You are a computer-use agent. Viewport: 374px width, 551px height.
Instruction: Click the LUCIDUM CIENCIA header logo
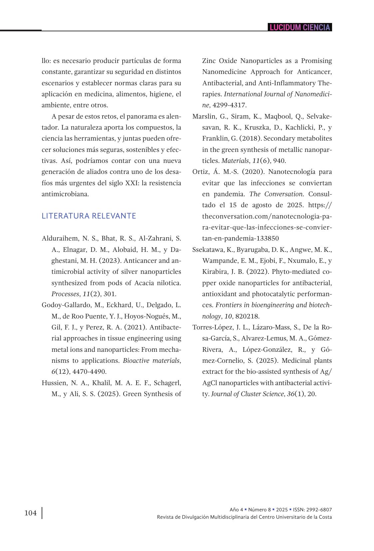point(300,27)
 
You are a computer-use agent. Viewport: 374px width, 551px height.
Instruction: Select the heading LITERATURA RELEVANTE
point(89,216)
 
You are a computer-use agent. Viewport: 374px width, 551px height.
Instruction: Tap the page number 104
point(31,513)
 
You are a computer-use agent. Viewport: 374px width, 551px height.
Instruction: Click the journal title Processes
point(66,294)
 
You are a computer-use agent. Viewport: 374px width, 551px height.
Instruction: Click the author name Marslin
point(203,116)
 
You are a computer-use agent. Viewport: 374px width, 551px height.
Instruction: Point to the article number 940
point(279,161)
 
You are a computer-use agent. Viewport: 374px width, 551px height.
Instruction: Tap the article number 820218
point(247,316)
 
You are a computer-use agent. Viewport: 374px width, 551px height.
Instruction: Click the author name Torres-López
point(212,327)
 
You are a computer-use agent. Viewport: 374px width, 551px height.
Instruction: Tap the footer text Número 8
point(259,510)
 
